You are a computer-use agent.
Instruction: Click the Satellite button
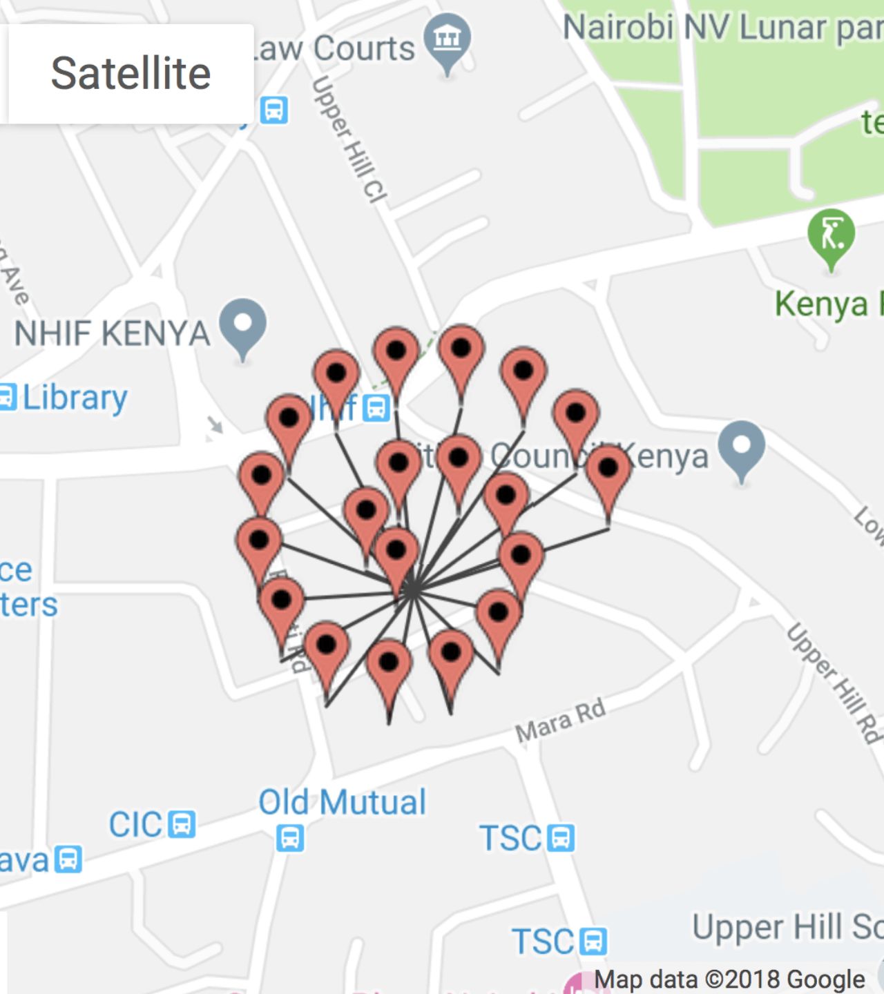[130, 73]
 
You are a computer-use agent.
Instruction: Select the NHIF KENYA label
[112, 333]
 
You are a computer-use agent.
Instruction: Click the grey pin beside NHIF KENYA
[242, 324]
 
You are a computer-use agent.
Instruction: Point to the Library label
[75, 398]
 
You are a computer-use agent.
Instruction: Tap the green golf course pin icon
[831, 235]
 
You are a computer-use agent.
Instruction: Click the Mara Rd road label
[560, 721]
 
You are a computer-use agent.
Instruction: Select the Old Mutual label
[342, 802]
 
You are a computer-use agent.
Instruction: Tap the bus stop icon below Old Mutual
[290, 838]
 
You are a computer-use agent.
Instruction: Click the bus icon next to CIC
[182, 824]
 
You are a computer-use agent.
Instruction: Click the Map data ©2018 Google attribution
[729, 979]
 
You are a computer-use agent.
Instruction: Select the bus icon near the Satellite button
[273, 110]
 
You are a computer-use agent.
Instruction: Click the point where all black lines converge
[412, 591]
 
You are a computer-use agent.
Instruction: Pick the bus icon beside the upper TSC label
[561, 838]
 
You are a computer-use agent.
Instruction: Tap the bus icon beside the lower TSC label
[593, 941]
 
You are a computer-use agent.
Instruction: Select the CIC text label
[135, 825]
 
